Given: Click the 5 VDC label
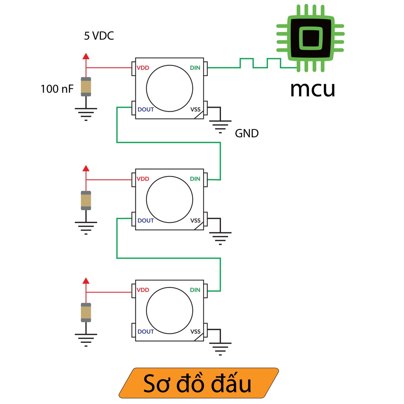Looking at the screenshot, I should tap(99, 36).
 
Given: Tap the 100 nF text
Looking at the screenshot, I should tap(57, 89).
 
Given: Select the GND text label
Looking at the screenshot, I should tap(247, 133).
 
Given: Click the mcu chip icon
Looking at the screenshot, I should tap(310, 38).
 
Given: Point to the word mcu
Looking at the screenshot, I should tap(312, 89).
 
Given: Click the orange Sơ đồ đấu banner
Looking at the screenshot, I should tap(199, 383).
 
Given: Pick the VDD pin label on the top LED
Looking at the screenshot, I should tap(143, 68).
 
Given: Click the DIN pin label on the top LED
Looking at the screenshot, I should tap(195, 68).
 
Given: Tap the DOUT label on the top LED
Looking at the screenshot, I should tap(146, 109).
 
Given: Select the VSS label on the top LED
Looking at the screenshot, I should tap(195, 109).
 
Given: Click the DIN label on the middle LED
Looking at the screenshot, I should tap(195, 179).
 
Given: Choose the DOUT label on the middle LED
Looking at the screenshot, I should tap(146, 221).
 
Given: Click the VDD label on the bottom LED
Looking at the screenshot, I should tap(143, 290).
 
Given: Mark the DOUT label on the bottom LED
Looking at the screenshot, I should tap(146, 332).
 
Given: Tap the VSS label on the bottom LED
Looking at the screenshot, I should tap(195, 332).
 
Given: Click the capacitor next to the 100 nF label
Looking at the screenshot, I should tap(86, 87).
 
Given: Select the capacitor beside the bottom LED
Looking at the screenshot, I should tap(86, 312).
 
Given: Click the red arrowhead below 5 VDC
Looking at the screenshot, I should tap(86, 56).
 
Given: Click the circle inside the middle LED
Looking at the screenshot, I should tap(170, 200).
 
